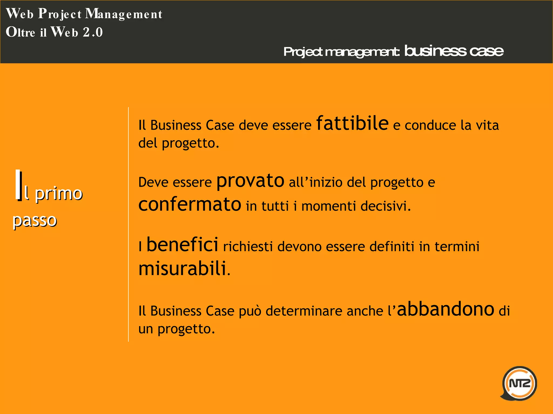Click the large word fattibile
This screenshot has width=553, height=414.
coord(352,123)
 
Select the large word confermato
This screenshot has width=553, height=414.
coord(190,204)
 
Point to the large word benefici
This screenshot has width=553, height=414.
coord(182,244)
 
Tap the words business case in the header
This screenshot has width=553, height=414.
coord(454,51)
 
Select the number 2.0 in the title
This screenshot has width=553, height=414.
coord(93,32)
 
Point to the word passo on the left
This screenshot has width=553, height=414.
coord(35,220)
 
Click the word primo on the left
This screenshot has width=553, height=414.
coord(59,194)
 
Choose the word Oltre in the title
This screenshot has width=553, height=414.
coord(21,32)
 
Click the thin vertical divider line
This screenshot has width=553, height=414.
coord(129,224)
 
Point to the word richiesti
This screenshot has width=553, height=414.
coord(248,247)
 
